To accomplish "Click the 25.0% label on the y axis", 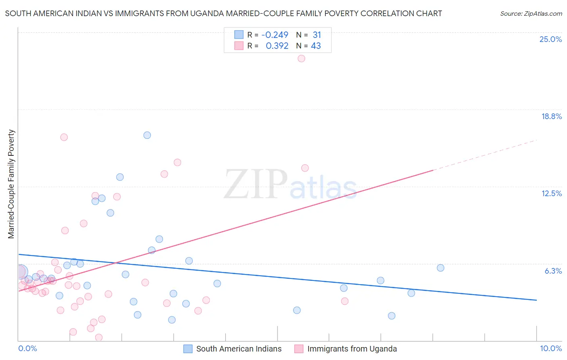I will tap(550, 39).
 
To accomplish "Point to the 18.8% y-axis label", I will tap(551, 116).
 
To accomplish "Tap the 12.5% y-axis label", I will tap(551, 193).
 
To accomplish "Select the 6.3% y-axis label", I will tap(553, 271).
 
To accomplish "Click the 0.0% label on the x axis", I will tap(27, 348).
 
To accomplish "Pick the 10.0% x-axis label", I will tap(550, 348).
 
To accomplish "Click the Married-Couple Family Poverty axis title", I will tap(11, 184).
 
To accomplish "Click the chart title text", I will tap(223, 13).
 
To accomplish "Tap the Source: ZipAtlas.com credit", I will tap(531, 13).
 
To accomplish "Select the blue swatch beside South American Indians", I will tap(188, 349).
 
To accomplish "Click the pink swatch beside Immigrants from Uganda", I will tap(299, 349).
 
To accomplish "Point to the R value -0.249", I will tap(275, 35).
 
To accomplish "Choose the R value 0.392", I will tap(277, 46).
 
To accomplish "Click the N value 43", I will tap(316, 46).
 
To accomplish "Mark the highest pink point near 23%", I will tap(301, 59).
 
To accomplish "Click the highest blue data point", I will tap(147, 135).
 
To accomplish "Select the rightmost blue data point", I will tap(440, 268).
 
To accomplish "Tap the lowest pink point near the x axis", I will tap(98, 337).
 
